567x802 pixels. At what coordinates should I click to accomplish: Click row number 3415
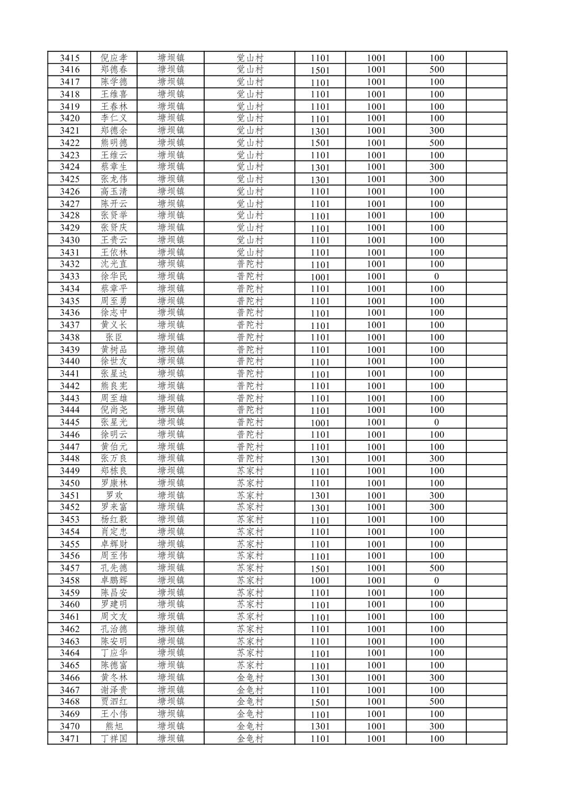point(70,58)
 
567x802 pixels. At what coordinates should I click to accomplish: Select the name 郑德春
point(114,70)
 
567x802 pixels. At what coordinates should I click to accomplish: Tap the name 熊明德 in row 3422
point(114,143)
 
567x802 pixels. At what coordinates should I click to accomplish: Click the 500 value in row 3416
point(437,70)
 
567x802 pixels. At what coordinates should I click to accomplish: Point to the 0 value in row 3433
point(437,277)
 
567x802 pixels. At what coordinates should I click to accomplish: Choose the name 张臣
point(114,337)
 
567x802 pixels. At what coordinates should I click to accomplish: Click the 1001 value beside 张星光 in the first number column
point(320,423)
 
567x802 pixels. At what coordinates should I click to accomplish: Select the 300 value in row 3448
point(437,459)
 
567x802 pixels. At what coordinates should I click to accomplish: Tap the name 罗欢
point(114,495)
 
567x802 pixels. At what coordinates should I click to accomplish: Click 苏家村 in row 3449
point(249,471)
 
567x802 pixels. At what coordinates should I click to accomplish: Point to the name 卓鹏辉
point(114,580)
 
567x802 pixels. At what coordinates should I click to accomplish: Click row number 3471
point(70,739)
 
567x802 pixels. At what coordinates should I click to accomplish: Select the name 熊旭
point(114,726)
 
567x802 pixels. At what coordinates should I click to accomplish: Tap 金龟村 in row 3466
point(249,677)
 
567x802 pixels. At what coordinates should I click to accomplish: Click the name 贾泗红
point(114,702)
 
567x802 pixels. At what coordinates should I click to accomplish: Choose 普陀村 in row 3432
point(249,264)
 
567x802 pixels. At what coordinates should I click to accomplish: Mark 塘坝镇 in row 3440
point(171,361)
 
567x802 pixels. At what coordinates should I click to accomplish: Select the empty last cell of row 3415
point(486,58)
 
